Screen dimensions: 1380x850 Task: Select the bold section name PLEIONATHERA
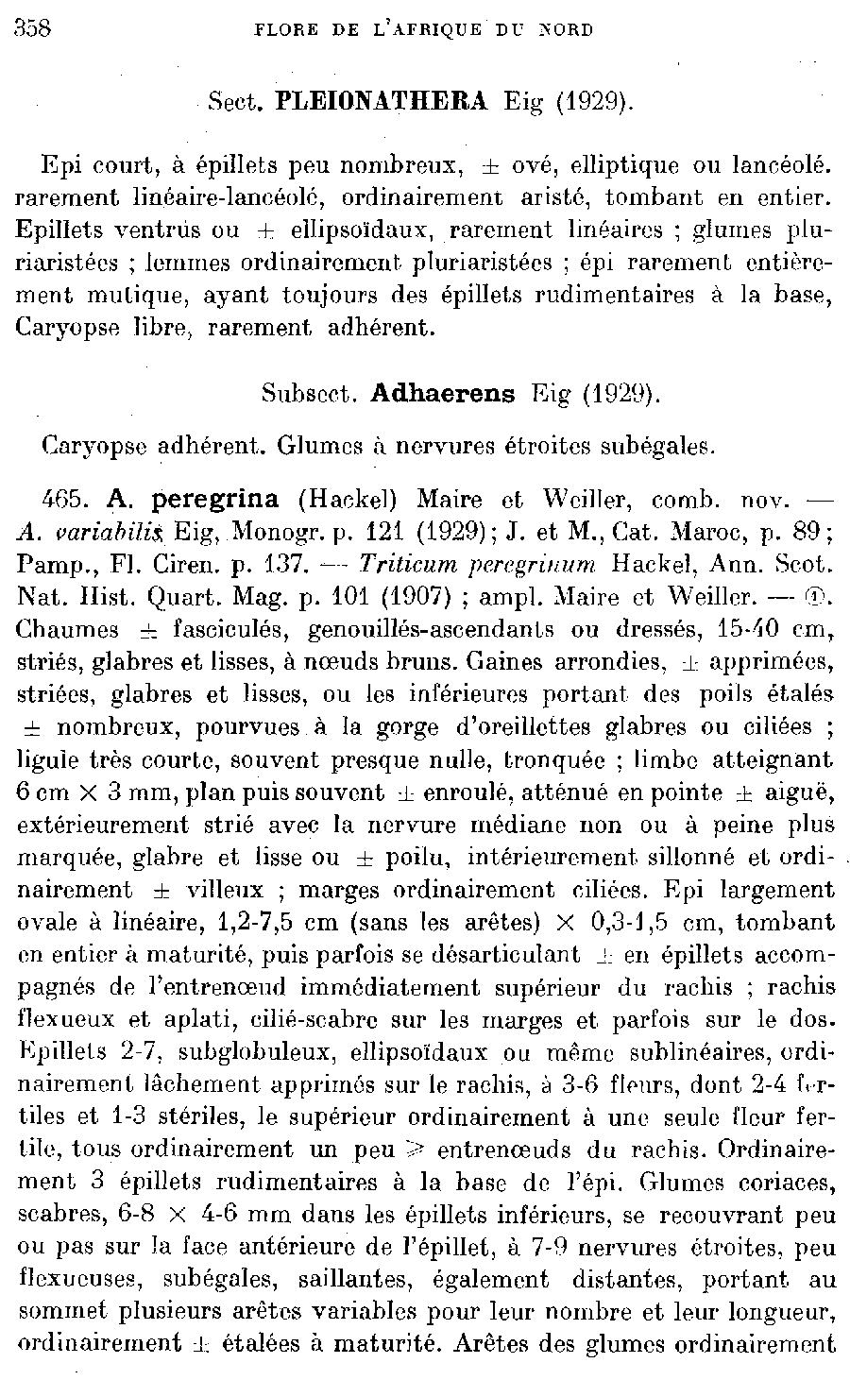coord(381,101)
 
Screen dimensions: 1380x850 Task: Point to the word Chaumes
coord(68,629)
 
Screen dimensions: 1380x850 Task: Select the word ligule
coord(48,759)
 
